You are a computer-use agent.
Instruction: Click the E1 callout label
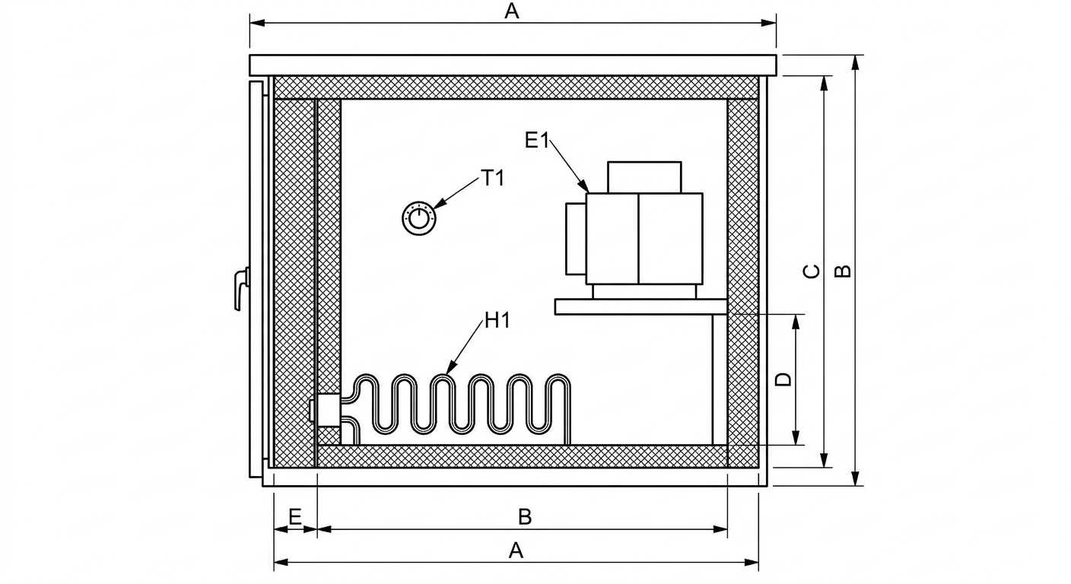[x=537, y=140]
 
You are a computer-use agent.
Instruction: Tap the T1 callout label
[x=493, y=178]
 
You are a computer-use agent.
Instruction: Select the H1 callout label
[x=497, y=320]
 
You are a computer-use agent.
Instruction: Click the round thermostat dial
[x=419, y=218]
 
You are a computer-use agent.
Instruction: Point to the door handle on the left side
[x=242, y=289]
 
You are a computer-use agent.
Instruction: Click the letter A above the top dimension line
[x=512, y=11]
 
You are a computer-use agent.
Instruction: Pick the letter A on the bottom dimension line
[x=516, y=551]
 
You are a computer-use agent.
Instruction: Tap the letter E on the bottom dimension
[x=295, y=517]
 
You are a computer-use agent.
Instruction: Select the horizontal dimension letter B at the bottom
[x=525, y=517]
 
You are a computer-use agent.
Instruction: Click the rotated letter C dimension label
[x=812, y=271]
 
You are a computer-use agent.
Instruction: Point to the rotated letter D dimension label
[x=783, y=380]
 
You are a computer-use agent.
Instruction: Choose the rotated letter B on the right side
[x=843, y=271]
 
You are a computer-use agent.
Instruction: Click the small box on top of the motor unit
[x=644, y=177]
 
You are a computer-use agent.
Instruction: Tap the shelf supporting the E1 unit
[x=641, y=306]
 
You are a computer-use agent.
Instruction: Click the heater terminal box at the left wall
[x=326, y=410]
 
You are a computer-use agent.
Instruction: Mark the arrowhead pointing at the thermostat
[x=440, y=203]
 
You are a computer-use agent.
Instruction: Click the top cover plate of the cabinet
[x=513, y=65]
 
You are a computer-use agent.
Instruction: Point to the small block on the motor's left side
[x=576, y=239]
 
